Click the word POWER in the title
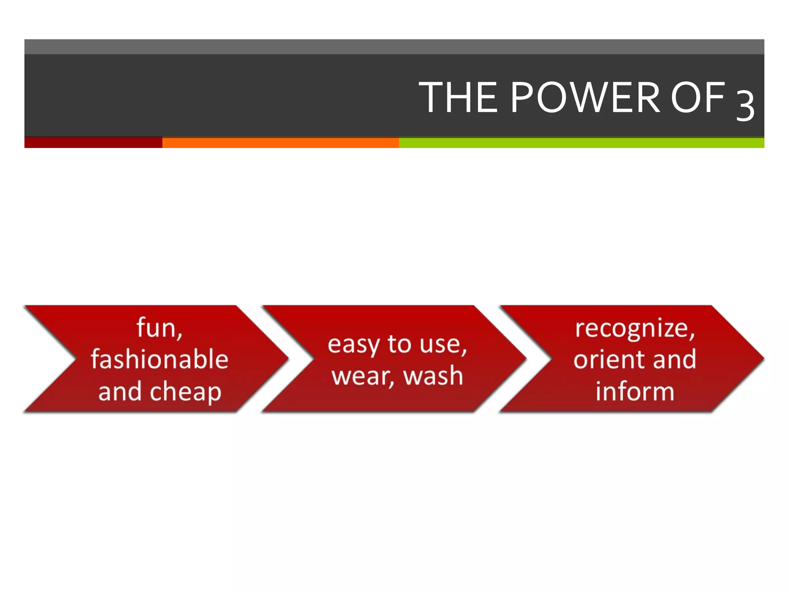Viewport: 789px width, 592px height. click(x=586, y=98)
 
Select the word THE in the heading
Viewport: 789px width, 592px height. click(x=458, y=98)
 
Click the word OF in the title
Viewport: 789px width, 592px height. click(x=698, y=98)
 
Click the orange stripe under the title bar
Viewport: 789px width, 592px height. click(x=280, y=143)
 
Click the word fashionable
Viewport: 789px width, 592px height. click(x=159, y=359)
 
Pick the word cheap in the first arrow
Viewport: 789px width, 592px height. click(x=185, y=392)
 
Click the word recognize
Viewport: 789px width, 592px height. click(x=633, y=328)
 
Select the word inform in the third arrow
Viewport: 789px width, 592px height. click(x=635, y=392)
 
